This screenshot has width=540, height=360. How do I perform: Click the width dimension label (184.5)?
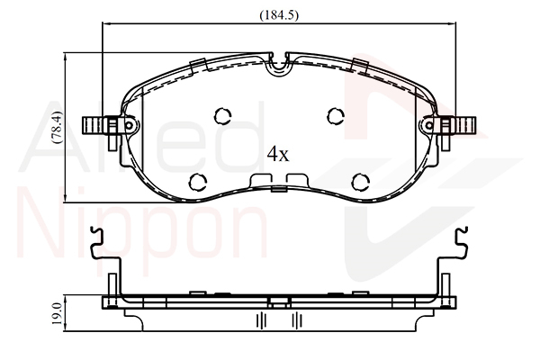click(279, 15)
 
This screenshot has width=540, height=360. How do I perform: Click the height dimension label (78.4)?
click(57, 127)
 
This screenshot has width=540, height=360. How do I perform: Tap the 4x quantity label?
click(278, 154)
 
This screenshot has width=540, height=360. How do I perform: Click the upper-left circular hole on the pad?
click(222, 116)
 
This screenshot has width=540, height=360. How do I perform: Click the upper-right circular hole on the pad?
click(336, 116)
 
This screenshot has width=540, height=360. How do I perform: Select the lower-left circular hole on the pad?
click(198, 182)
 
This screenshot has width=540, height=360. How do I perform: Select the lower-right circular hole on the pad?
click(361, 182)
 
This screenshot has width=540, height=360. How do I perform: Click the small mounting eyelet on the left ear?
click(129, 125)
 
